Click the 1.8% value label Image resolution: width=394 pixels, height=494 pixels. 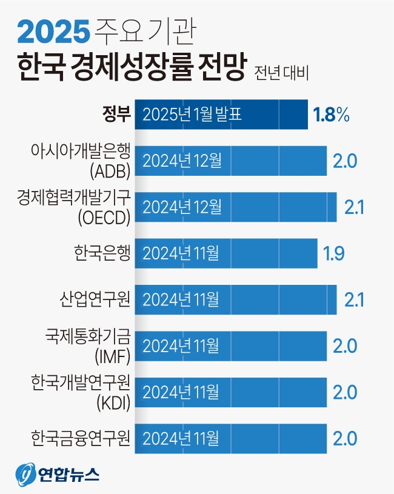coord(331,115)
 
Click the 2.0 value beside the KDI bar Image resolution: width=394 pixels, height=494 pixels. coord(345,392)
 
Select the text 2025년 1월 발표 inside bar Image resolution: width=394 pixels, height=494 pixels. coord(193,115)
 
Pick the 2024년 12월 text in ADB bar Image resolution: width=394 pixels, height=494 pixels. coord(182,161)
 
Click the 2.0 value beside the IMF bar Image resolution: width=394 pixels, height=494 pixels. coord(345,345)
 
